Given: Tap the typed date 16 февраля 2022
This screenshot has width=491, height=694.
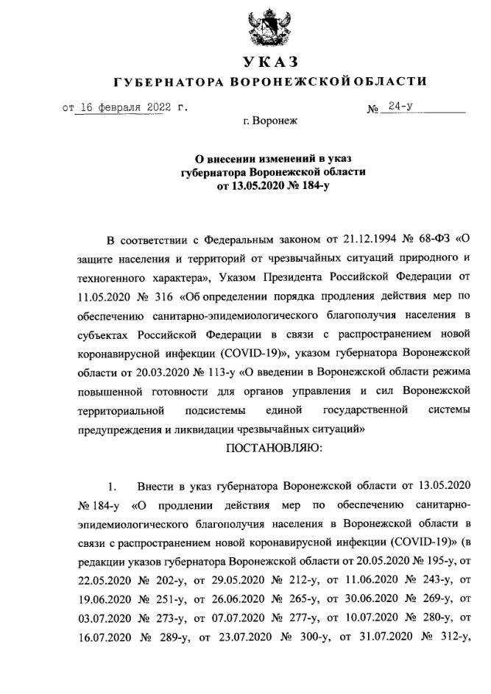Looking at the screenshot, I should click(x=124, y=107).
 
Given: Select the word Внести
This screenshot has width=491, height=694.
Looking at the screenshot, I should click(x=155, y=486).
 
